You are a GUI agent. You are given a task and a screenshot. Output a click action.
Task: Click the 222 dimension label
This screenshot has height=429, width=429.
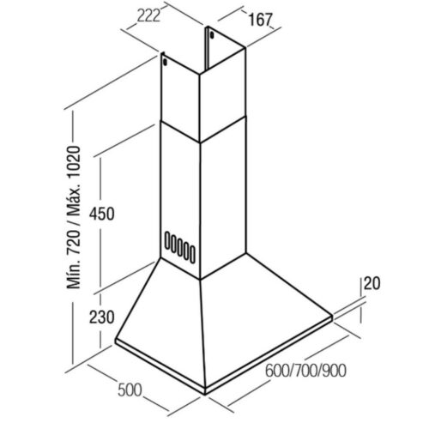pos(148,16)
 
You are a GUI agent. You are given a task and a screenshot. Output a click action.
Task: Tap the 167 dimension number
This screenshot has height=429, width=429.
pos(260,20)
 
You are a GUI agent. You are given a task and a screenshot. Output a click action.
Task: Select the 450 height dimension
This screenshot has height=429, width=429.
pos(102,214)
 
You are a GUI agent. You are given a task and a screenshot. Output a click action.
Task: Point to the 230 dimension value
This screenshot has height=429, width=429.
pos(102,317)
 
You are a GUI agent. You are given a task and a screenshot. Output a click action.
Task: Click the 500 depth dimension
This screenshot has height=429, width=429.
pos(130,390)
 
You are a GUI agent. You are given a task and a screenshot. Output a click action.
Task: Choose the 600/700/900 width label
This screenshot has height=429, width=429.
pos(305,371)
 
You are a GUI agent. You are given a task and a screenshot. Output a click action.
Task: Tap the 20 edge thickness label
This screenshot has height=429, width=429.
pos(372,284)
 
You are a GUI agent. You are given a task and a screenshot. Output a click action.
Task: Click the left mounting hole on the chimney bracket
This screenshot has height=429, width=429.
pos(165,61)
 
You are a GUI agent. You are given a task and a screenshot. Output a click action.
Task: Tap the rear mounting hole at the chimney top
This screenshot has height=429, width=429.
pos(212,35)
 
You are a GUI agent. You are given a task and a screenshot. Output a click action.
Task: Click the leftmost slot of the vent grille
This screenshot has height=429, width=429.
pos(167,240)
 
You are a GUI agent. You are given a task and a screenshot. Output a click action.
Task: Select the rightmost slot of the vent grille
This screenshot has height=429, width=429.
pos(192,253)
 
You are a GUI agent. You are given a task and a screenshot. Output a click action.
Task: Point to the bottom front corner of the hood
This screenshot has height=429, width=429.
pos(205,394)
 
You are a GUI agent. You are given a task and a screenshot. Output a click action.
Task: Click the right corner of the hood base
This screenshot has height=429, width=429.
pos(332,317)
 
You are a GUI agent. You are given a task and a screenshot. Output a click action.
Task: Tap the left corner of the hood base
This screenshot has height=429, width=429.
pos(116,341)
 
